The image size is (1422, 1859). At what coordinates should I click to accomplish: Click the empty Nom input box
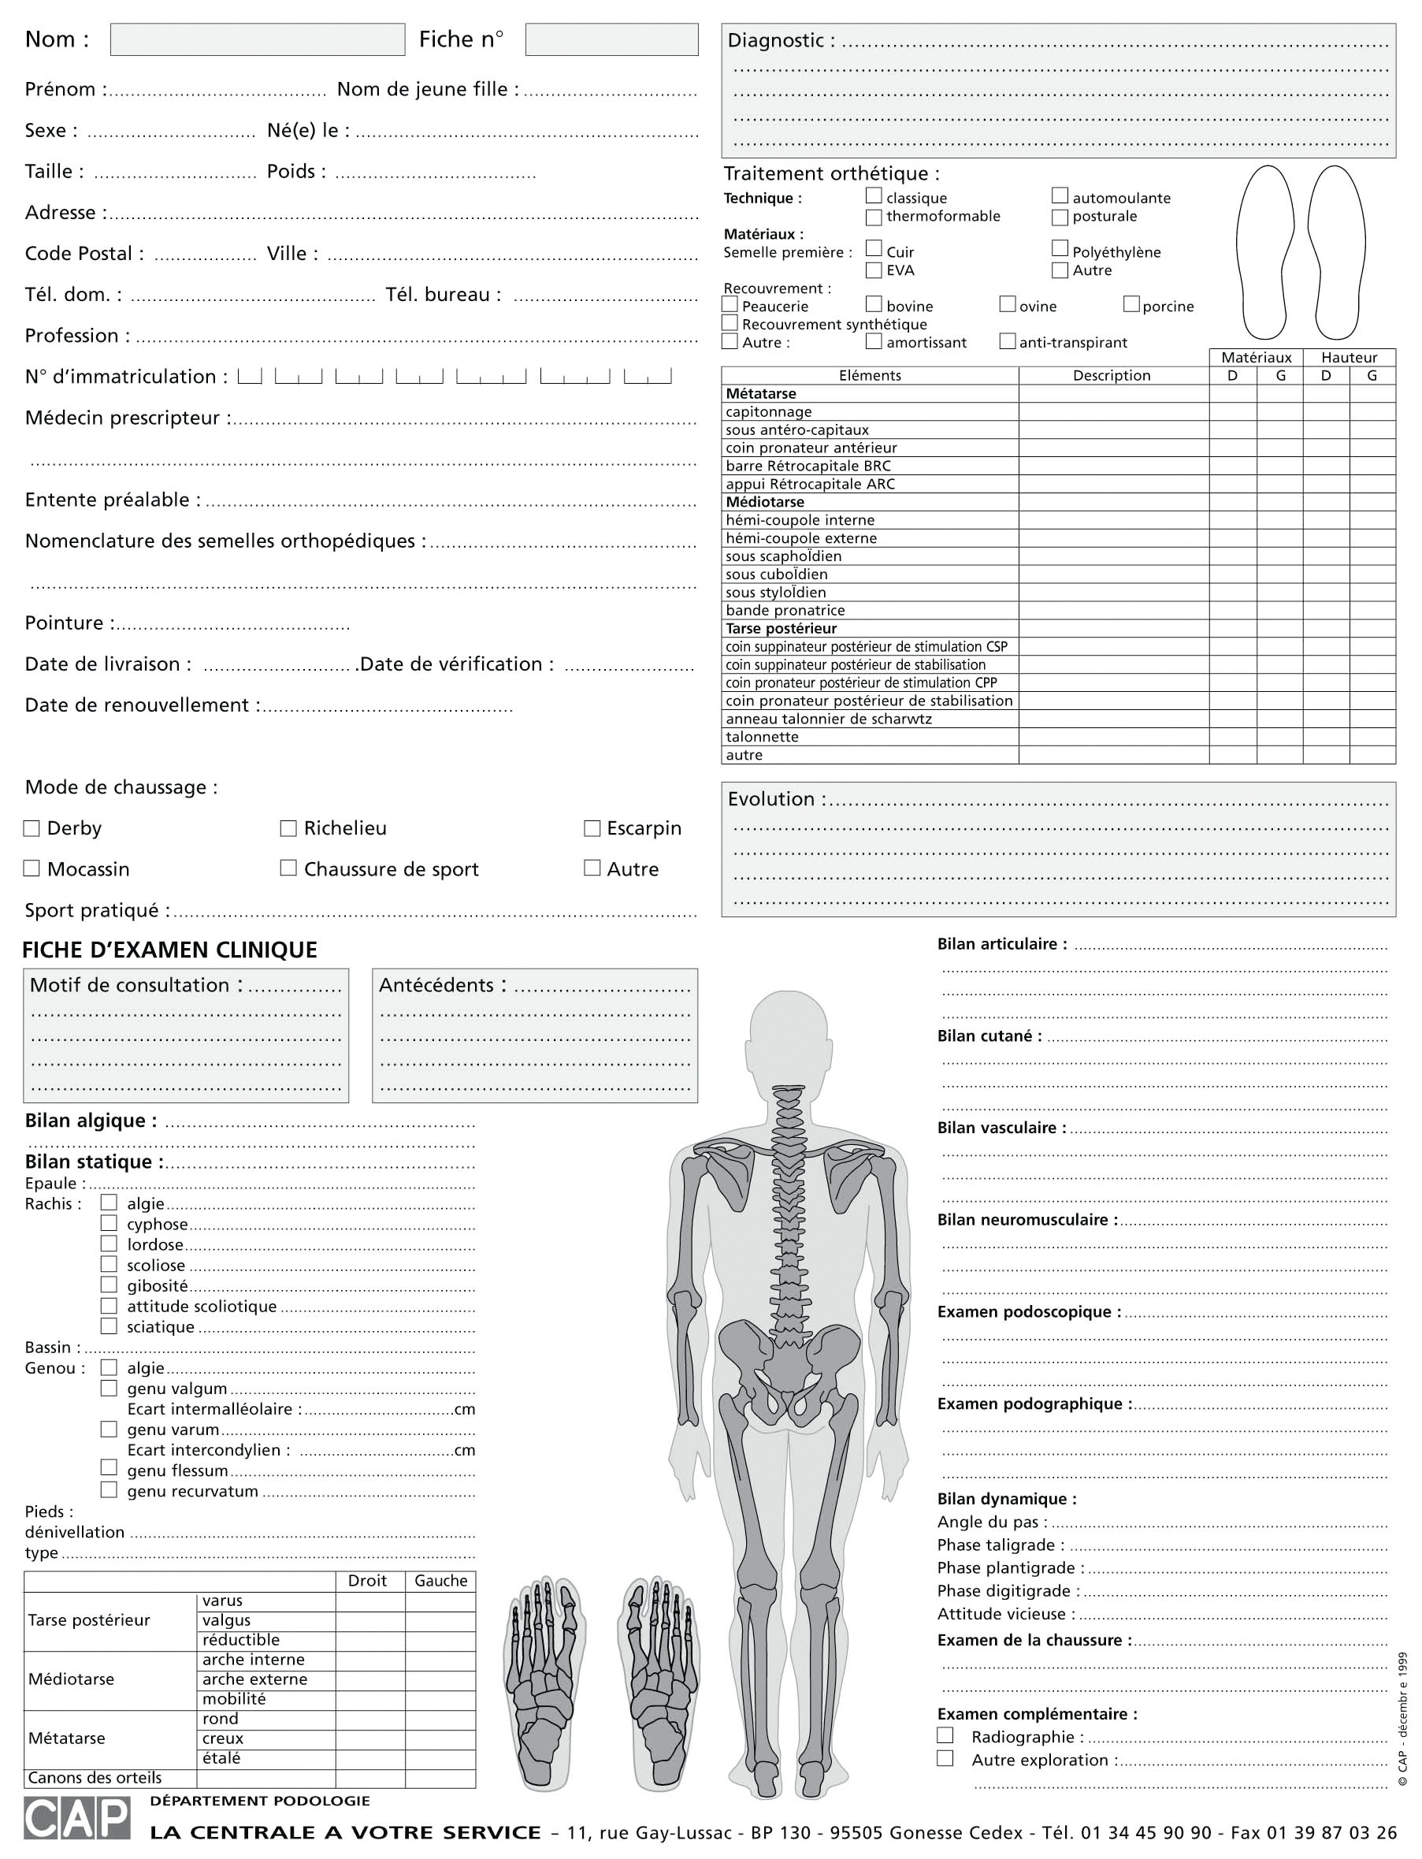pos(258,39)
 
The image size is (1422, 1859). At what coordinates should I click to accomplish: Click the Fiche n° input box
pos(611,39)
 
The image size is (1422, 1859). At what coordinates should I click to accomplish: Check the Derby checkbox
pos(32,828)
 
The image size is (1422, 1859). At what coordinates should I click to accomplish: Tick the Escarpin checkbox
pos(592,828)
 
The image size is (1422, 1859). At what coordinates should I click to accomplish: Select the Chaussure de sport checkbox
pos(288,868)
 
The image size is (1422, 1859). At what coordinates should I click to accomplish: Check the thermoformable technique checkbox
pos(874,217)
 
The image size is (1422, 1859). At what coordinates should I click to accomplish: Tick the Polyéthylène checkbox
pos(1060,248)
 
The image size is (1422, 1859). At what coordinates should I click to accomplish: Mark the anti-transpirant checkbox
pos(1008,341)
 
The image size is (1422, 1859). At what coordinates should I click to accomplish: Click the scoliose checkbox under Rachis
pos(110,1264)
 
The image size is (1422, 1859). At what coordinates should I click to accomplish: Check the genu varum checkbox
pos(110,1429)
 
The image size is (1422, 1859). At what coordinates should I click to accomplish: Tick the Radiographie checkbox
pos(945,1735)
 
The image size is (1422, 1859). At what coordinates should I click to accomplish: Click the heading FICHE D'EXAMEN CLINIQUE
pos(169,950)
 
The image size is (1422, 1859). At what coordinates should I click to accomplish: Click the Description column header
pos(1112,375)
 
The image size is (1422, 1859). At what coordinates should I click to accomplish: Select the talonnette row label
pos(762,737)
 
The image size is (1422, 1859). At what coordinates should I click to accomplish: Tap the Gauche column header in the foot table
pos(440,1581)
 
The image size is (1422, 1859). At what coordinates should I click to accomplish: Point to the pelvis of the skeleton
pos(788,1363)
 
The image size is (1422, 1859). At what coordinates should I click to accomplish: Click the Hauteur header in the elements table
pos(1349,357)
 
